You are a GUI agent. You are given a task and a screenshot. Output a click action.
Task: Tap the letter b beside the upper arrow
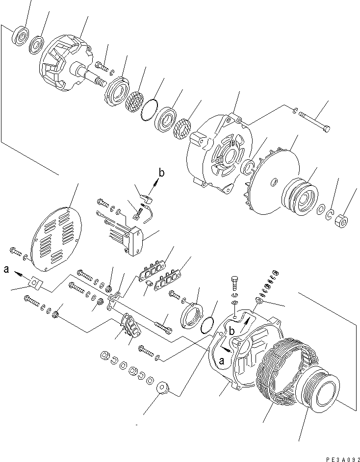[161, 172]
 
